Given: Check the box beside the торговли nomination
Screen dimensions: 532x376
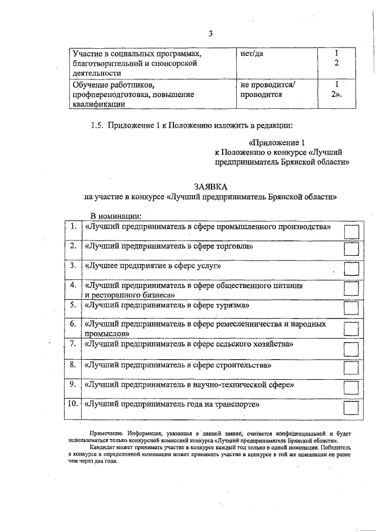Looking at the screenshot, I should point(350,249).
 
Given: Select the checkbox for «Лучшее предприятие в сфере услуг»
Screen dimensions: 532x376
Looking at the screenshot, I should point(350,269).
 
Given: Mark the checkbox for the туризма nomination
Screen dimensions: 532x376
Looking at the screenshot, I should point(350,308).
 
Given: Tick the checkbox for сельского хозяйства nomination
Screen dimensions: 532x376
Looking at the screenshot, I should point(350,347).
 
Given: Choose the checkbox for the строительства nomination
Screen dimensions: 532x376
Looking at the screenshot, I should point(350,368).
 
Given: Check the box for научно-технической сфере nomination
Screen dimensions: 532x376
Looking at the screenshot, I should point(350,388).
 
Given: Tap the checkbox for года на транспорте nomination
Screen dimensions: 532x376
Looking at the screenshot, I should point(350,408).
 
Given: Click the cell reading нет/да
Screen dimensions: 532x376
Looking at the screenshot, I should point(252,53).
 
